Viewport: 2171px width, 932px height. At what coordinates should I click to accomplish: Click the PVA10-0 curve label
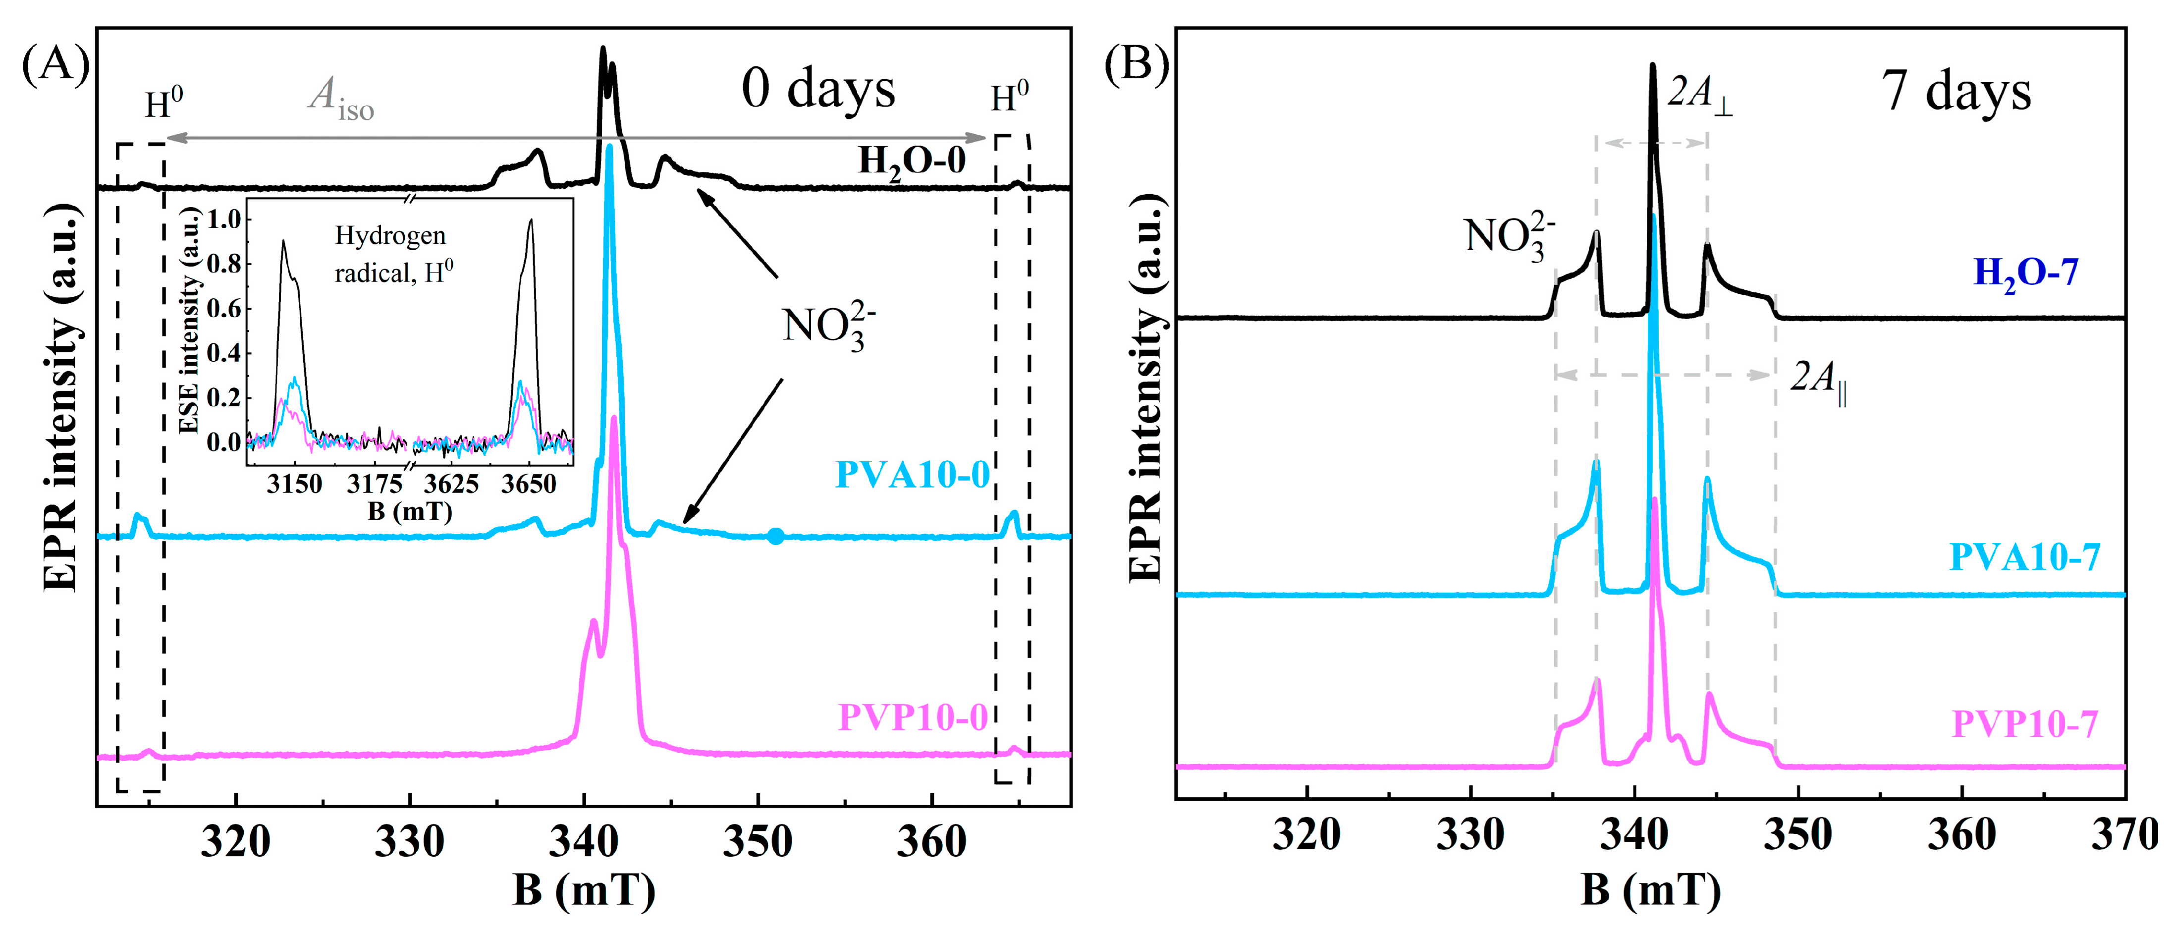pyautogui.click(x=912, y=475)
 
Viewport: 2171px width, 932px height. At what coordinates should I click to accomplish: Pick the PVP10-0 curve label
pyautogui.click(x=913, y=717)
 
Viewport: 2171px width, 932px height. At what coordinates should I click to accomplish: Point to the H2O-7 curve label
pyautogui.click(x=2025, y=273)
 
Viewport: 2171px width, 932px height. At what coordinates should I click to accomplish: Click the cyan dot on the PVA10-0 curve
pyautogui.click(x=775, y=536)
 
